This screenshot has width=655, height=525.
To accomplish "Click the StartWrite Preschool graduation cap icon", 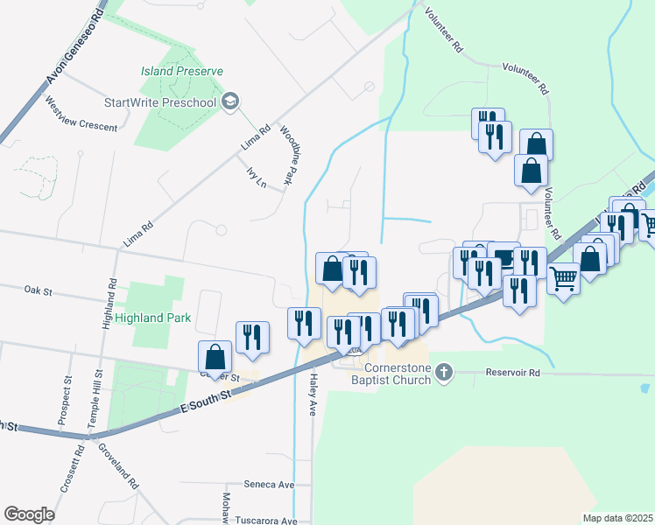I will coord(230,102).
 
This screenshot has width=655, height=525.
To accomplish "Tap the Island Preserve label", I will coord(183,71).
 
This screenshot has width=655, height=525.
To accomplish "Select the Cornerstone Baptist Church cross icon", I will coord(444,373).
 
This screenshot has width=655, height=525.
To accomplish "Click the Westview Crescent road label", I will coord(80,119).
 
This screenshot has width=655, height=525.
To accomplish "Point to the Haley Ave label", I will coord(313,389).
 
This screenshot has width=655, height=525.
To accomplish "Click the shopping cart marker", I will coord(563,278).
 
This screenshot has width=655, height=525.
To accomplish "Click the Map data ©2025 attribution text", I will coord(616,518).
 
